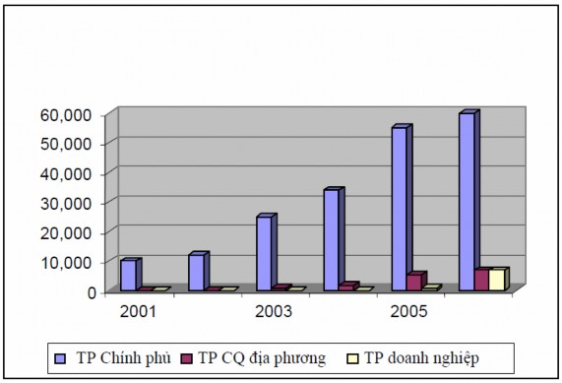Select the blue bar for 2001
128,275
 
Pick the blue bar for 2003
264,253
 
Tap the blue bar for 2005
400,209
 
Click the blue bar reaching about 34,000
332,239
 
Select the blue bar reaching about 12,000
196,272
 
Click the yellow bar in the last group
496,280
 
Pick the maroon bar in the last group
481,280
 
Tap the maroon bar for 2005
414,282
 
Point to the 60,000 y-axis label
66,114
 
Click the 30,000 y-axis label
66,203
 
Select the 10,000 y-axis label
66,262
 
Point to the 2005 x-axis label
408,312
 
